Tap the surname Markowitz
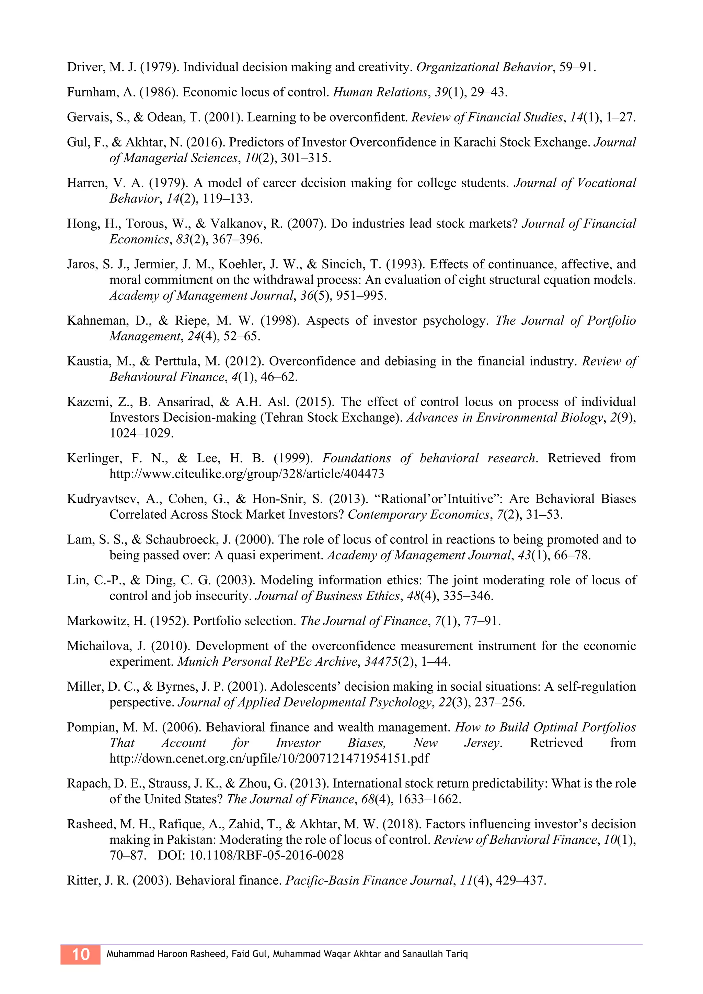click(x=96, y=621)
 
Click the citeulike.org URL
click(x=246, y=473)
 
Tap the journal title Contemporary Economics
click(x=418, y=514)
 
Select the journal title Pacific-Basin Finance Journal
click(x=369, y=880)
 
